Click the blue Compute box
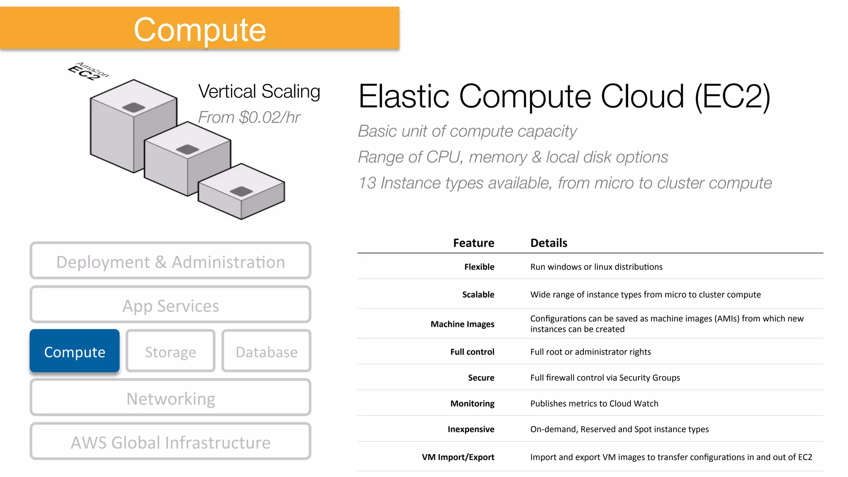(x=75, y=351)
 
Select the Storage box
(x=170, y=351)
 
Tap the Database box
(x=266, y=351)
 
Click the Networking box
(x=170, y=398)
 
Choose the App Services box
(x=170, y=305)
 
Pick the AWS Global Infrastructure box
(x=170, y=442)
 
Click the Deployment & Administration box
(x=170, y=261)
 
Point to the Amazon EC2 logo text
(x=88, y=71)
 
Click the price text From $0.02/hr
(x=249, y=117)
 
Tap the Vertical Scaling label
(x=259, y=92)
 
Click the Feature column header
(x=473, y=243)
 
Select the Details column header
(x=549, y=243)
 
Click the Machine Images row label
(x=462, y=324)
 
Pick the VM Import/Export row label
(x=458, y=457)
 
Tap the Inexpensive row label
(x=471, y=429)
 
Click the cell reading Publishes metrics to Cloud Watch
(x=594, y=403)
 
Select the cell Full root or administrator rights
(x=590, y=352)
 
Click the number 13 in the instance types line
(x=367, y=183)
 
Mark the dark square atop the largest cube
(x=134, y=107)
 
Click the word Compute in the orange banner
(x=200, y=30)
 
